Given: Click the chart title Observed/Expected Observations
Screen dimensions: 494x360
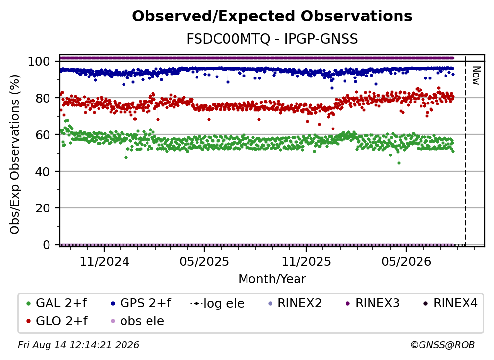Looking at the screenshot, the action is (272, 16).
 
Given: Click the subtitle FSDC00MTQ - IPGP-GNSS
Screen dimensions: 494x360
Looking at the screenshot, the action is (272, 39).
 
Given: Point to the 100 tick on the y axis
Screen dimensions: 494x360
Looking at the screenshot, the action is (39, 61).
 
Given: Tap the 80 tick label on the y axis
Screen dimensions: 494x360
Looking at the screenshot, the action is (43, 98).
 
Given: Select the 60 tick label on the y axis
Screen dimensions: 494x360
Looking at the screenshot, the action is (43, 134).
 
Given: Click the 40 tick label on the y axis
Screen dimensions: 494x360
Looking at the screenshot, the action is (43, 172).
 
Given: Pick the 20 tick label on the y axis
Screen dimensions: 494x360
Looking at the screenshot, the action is (43, 208).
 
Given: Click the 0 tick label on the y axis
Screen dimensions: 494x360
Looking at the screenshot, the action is (46, 245).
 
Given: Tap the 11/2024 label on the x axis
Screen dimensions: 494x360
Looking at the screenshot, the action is (104, 261).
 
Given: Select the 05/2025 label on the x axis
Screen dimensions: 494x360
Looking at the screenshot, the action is (204, 261).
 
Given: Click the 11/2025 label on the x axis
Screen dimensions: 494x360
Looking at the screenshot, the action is (306, 261).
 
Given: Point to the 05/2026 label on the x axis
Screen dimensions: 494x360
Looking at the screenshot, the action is (406, 261).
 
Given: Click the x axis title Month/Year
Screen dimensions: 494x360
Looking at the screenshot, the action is (272, 279).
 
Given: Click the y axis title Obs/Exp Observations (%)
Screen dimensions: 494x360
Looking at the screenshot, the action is (15, 154).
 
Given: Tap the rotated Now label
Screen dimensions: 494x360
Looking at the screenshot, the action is (476, 76).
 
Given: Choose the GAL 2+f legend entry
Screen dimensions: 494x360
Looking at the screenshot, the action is (57, 303).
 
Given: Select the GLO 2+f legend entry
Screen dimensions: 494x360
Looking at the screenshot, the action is (57, 321).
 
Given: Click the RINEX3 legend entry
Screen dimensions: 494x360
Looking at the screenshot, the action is (372, 303).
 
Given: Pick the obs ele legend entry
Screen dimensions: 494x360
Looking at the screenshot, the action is (136, 321).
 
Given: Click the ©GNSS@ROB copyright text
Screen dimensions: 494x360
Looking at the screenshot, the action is (443, 345).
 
